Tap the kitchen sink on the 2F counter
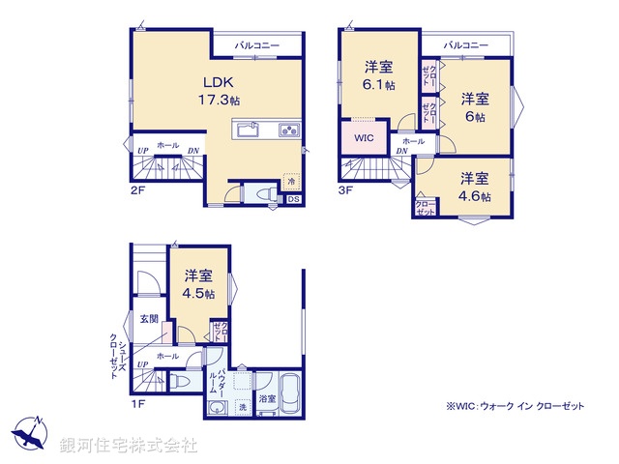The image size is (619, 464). point(246,129)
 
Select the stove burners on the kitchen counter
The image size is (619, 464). point(289,130)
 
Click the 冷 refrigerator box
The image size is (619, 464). point(290,179)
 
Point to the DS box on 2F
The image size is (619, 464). point(293,200)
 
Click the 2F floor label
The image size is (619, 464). point(137,191)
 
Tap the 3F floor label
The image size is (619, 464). point(346,191)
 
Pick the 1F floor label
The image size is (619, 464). point(137,404)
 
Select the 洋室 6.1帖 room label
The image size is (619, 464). point(379,75)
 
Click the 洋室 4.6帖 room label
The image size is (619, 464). point(473,187)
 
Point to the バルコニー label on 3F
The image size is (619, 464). point(466,44)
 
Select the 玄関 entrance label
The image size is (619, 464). point(148,319)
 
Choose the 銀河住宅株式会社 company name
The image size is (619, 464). point(129,446)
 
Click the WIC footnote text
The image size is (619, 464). point(515,407)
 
